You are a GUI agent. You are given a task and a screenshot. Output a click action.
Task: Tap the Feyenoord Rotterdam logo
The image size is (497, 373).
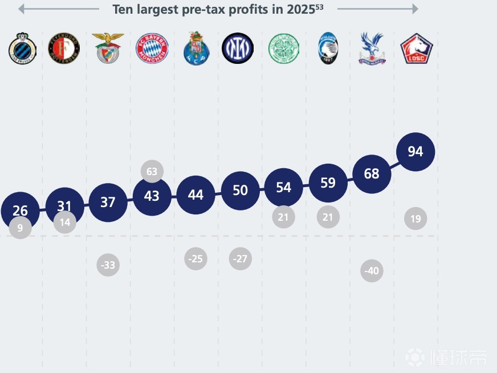[64, 48]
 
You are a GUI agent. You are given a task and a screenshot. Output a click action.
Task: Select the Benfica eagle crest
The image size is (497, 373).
[108, 48]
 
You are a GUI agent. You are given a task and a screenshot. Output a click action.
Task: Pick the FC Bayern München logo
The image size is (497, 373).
[152, 48]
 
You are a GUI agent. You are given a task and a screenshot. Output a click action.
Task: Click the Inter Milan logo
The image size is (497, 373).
[238, 48]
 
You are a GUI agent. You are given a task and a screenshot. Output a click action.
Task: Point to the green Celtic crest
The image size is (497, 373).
[283, 48]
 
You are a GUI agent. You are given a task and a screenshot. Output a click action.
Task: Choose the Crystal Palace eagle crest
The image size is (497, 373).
[372, 48]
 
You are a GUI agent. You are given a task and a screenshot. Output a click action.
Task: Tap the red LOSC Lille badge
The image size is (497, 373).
[416, 48]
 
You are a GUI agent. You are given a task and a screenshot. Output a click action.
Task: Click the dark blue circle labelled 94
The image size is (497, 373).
[415, 152]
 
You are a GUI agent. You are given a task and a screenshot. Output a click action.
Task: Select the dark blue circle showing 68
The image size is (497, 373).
[372, 173]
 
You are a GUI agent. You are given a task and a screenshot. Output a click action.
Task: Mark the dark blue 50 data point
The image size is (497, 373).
[240, 190]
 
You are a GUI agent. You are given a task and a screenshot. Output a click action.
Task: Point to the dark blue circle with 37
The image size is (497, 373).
[108, 202]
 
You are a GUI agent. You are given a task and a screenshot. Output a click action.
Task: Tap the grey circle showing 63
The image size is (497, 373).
[152, 171]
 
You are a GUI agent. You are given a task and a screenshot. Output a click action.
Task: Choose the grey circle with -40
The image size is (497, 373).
[371, 271]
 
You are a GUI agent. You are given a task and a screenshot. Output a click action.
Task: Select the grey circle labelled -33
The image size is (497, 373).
[108, 265]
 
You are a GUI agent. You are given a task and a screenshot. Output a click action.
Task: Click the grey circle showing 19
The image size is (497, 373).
[415, 218]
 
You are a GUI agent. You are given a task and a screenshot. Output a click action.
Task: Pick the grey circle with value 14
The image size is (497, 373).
[65, 222]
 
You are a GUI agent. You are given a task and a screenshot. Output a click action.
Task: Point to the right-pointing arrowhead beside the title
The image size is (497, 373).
[415, 9]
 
